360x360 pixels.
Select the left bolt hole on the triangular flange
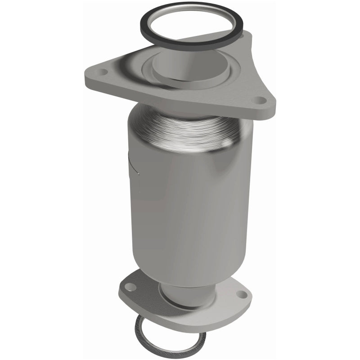point(103,72)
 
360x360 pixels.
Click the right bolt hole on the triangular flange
point(260,100)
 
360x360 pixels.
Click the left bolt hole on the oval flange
point(130,287)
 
